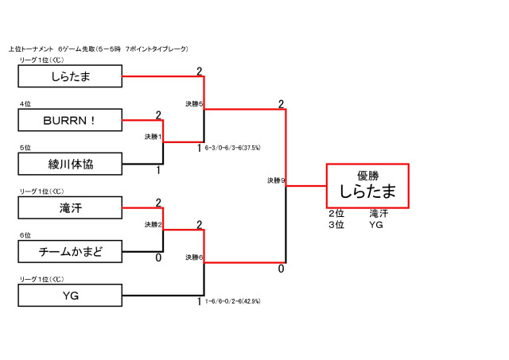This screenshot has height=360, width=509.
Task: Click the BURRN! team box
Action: coord(70,120)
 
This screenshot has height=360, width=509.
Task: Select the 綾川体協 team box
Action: coord(70,164)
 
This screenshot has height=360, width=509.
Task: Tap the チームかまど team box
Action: coord(70,252)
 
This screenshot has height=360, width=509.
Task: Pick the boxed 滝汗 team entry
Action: coord(70,208)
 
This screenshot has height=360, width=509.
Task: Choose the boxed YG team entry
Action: coord(70,296)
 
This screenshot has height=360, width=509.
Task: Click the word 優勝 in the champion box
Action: coord(367,176)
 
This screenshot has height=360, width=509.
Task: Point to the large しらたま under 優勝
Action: coord(367,192)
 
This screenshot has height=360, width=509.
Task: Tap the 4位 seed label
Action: coord(25,103)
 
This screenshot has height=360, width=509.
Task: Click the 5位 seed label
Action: coord(25,148)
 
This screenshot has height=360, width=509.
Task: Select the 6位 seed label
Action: coord(25,236)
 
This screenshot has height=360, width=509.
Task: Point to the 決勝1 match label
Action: coord(153,137)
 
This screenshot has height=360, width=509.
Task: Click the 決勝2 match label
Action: coord(153,225)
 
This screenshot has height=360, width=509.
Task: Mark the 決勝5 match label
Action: coord(195,104)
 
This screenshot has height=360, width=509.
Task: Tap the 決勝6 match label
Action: coord(195,257)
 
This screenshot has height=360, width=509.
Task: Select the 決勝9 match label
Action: coord(276,181)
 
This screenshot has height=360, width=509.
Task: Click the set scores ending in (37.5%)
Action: coord(233,148)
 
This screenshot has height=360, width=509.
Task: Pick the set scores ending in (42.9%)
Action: coord(233,301)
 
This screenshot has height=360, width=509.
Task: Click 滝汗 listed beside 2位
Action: coord(379,214)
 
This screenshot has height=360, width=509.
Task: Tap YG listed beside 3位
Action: coord(376,224)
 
